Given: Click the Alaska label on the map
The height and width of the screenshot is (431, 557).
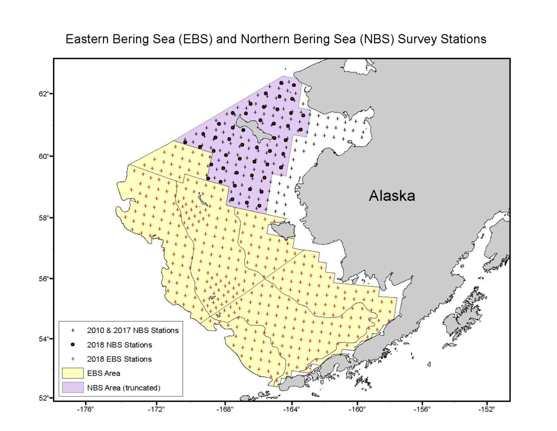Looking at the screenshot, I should [392, 196].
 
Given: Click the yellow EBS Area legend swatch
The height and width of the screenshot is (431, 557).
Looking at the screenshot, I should [72, 373].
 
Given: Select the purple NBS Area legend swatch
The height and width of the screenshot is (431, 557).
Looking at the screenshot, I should [72, 387].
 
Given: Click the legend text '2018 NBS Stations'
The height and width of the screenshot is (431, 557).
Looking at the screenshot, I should [119, 345].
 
